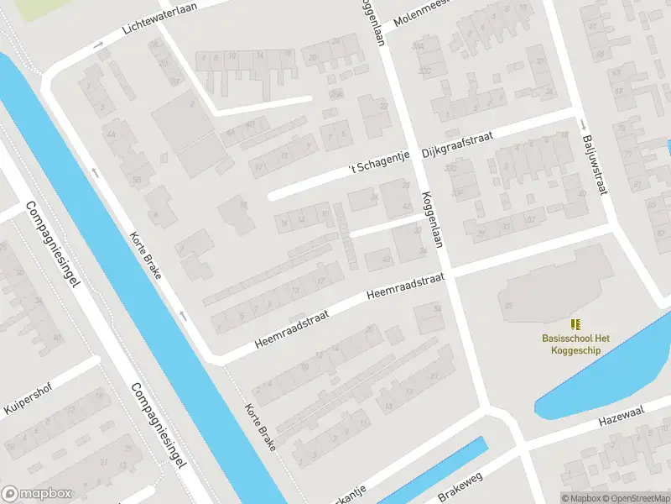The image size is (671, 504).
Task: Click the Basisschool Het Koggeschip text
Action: [x=575, y=344]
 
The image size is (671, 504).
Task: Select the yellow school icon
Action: [x=575, y=324]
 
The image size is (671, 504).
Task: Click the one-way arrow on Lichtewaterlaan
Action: [x=98, y=44]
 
